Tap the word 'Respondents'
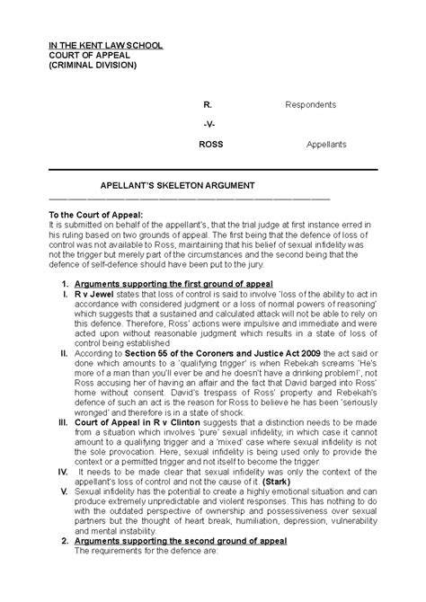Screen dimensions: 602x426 (310, 104)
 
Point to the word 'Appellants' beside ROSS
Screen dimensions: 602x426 (326, 144)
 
